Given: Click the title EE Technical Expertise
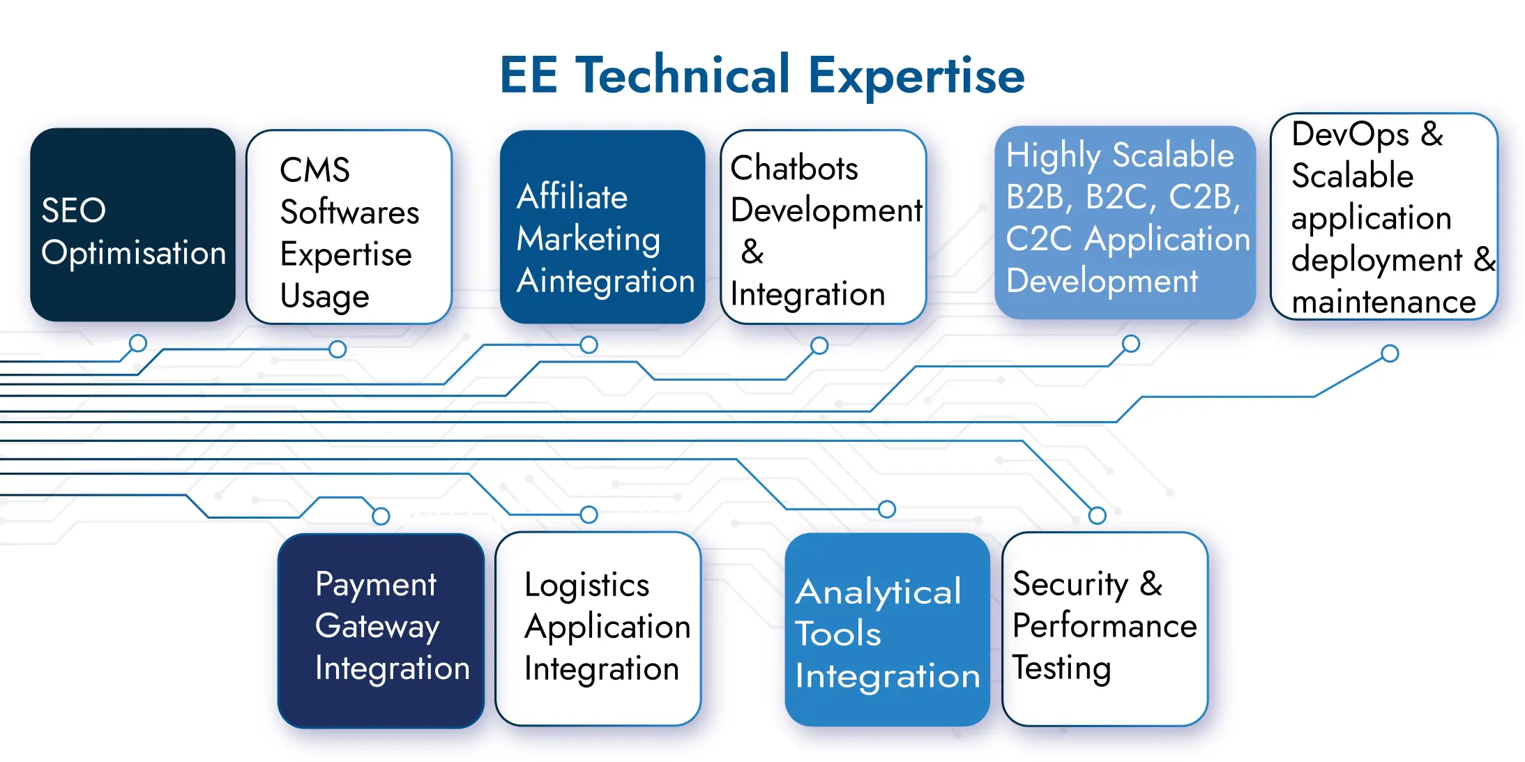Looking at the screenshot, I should tap(762, 75).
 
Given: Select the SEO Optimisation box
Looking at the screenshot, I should tap(132, 224).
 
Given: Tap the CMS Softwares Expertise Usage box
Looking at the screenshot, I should tap(349, 227).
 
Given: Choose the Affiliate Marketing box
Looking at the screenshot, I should tap(602, 227).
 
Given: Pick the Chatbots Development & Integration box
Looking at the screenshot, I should tap(823, 227).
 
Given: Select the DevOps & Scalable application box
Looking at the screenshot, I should tap(1384, 217).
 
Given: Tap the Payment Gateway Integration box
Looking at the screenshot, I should tap(381, 630).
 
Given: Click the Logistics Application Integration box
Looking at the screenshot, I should tap(598, 629).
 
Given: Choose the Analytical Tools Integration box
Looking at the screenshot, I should tap(887, 630).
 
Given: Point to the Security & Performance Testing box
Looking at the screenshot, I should tap(1105, 629).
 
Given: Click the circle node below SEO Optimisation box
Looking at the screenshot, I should tap(138, 343).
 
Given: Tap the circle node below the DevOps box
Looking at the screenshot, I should tap(1390, 353).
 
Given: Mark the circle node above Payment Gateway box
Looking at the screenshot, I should tap(381, 516).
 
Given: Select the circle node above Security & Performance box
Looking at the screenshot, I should tap(1098, 516).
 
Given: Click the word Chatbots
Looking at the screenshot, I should tap(794, 168).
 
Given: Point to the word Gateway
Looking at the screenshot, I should tap(377, 626).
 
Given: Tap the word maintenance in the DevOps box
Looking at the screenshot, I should tap(1383, 302).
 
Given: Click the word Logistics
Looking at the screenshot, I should tap(586, 585).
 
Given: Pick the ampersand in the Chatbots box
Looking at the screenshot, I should tap(752, 252).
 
